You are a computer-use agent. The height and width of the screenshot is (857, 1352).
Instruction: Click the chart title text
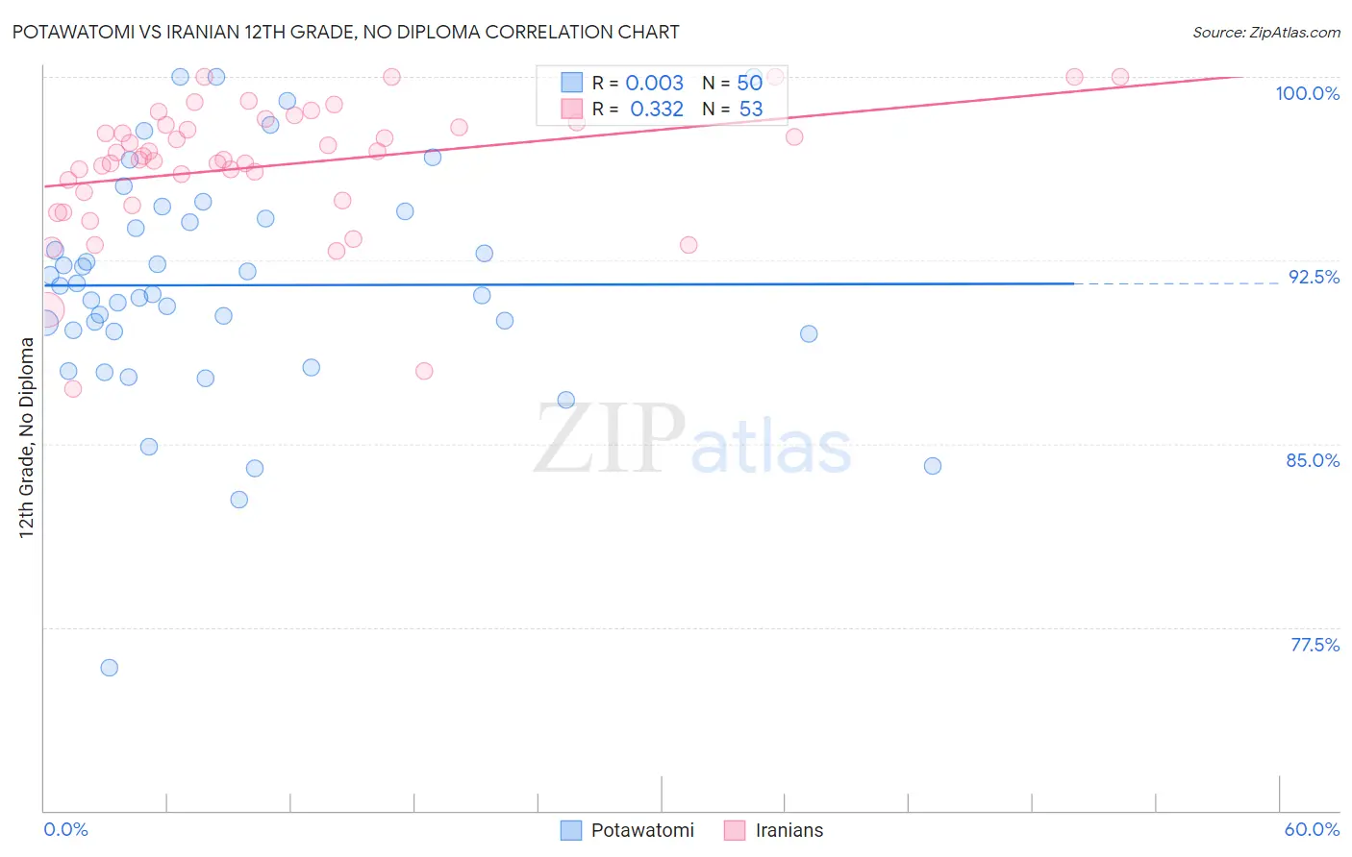coord(346,32)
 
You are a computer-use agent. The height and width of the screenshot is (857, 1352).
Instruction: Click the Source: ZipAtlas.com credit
coord(1265,32)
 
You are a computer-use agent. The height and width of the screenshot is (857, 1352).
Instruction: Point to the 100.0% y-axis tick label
coord(1307,93)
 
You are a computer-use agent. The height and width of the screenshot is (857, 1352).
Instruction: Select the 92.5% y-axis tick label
coord(1314,277)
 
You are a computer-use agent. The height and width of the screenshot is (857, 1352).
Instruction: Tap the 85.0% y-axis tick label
coord(1313,460)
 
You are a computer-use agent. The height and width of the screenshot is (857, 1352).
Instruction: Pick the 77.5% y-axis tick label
coord(1314,645)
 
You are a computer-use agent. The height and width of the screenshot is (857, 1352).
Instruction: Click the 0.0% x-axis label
coord(65,829)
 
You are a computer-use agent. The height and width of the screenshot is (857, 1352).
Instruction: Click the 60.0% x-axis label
coord(1312,829)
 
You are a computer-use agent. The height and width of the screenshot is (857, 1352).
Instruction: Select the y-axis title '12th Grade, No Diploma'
coord(27,438)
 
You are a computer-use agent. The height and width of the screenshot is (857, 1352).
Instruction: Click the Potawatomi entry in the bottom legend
coord(641,830)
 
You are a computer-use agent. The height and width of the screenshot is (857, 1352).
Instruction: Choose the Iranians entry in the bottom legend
coord(789,830)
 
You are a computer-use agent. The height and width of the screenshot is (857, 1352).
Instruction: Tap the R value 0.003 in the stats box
coord(654,84)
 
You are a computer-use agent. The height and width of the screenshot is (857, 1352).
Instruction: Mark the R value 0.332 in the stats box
coord(656,110)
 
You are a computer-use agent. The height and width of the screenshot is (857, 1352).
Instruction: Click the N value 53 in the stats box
coord(750,110)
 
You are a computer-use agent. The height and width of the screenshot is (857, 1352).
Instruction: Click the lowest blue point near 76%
coord(110,668)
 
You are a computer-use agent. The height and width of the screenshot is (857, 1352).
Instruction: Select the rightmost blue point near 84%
coord(933,466)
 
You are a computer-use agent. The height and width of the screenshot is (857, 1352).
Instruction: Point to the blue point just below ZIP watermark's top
coord(566,400)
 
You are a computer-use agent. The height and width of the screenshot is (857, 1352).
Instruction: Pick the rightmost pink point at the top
coord(1120,77)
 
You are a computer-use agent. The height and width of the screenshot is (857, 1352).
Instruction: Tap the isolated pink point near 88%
coord(424,371)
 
